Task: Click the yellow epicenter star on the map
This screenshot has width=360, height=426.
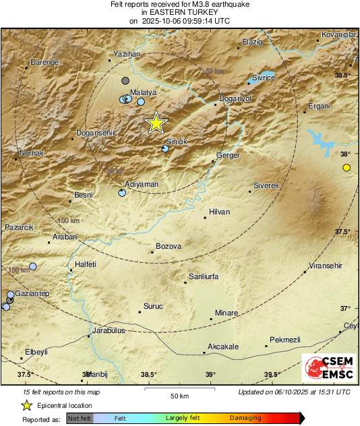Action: [156, 123]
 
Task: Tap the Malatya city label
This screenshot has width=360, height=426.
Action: [143, 92]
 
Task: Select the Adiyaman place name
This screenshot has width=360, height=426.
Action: [142, 183]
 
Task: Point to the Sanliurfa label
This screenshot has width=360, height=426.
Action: [203, 276]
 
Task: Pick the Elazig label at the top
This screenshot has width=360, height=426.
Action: [251, 42]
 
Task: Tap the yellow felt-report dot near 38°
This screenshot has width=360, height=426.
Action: [347, 167]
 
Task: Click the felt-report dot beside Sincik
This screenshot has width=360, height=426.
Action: [166, 149]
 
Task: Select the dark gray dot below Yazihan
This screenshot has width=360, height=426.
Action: [125, 81]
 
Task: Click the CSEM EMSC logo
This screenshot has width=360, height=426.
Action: [326, 368]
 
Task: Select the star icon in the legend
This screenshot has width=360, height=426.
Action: [26, 405]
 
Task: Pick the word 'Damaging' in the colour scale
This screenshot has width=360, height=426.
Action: [241, 418]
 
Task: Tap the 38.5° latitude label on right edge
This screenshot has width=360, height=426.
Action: [342, 75]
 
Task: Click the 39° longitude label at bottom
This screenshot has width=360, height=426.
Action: [210, 375]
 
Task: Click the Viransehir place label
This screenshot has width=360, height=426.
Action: [326, 265]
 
